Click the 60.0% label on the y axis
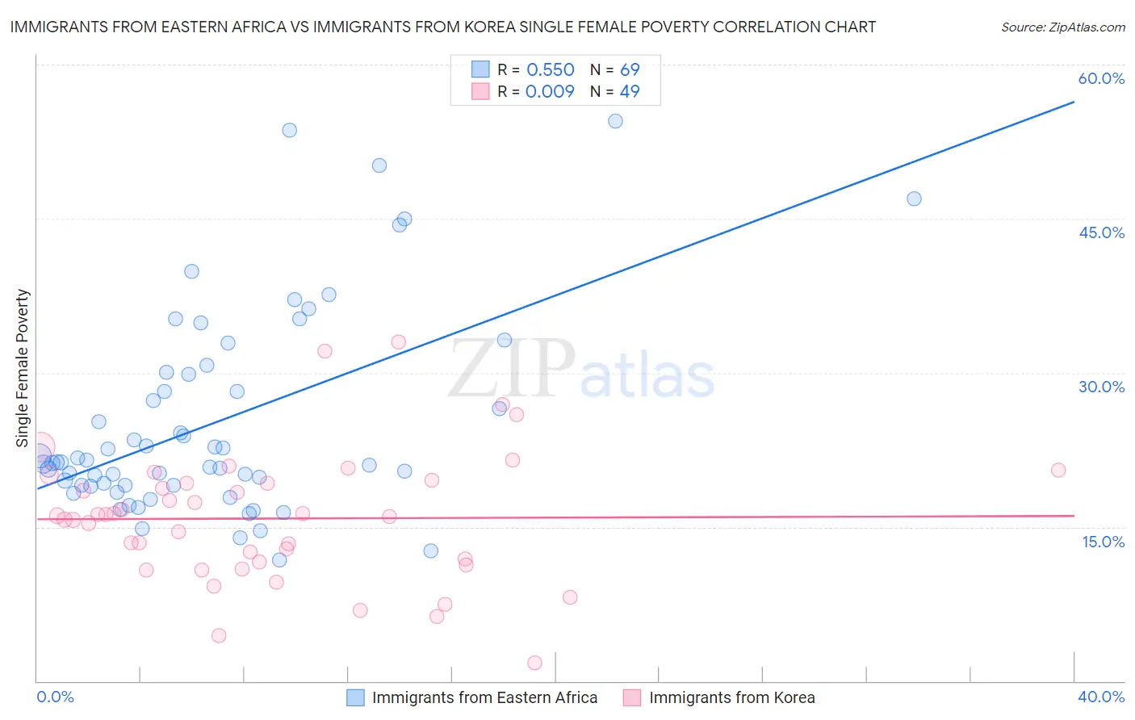tap(1101, 78)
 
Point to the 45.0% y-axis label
tap(1101, 232)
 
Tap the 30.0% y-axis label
tap(1101, 387)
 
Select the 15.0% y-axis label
tap(1103, 542)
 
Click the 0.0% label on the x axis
tap(56, 697)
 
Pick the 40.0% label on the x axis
tap(1101, 697)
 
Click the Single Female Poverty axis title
tap(23, 368)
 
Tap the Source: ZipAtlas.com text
tap(1062, 27)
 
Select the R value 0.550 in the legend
tap(551, 70)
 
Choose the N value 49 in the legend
tap(630, 91)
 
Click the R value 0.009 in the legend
tap(550, 91)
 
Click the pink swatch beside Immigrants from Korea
tap(631, 697)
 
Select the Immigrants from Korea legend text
tap(731, 697)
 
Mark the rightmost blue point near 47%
tap(914, 199)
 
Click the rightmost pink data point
tap(1058, 470)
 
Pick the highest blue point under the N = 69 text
tap(615, 121)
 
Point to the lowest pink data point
tap(534, 663)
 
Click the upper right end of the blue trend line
tap(1074, 102)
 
